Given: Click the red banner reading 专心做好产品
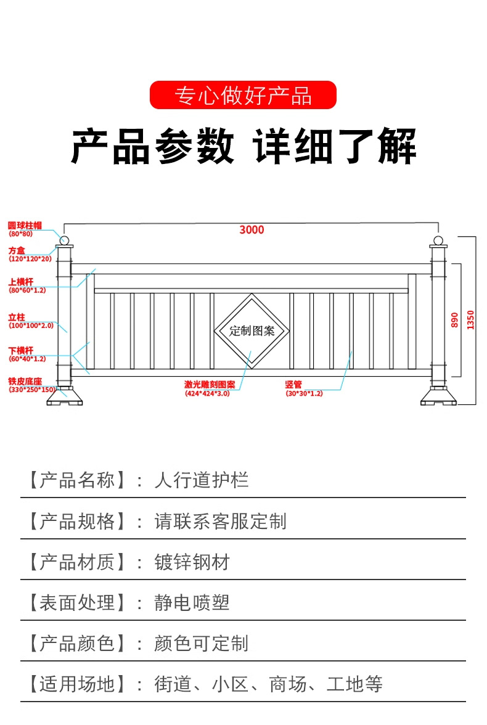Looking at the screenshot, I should [x=243, y=96].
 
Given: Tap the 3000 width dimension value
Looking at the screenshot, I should [x=252, y=230].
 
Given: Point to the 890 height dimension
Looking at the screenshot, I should [x=454, y=319].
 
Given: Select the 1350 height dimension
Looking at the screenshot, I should [x=471, y=319].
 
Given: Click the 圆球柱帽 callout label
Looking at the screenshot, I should [x=25, y=226].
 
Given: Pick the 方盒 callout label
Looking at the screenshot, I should [x=17, y=250].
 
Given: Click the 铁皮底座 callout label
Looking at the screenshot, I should [x=25, y=382].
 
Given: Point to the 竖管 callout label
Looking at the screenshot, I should [x=293, y=384].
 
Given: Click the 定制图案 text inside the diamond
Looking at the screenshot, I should [x=252, y=330].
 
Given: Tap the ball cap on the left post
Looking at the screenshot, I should [x=64, y=239].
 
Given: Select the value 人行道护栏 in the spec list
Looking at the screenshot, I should [x=202, y=480].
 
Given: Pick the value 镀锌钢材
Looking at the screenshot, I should [x=192, y=562].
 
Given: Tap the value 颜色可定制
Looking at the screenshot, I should [x=202, y=643].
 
